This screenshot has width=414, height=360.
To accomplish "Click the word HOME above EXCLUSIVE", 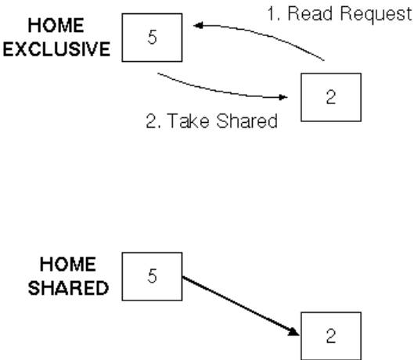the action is click(56, 25).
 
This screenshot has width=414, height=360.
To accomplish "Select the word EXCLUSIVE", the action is click(56, 49).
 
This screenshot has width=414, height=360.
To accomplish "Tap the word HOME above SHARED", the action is click(68, 264).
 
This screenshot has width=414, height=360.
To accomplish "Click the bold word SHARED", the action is click(68, 288).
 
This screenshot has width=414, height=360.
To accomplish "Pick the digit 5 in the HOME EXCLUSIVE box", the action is click(152, 37).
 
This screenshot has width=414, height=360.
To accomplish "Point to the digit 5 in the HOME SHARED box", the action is click(152, 275).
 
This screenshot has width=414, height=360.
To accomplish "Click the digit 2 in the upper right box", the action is click(331, 97).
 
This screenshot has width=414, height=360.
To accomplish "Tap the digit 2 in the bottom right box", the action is click(331, 336).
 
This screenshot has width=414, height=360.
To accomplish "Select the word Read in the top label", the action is click(310, 13).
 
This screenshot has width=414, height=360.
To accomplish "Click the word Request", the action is click(376, 15).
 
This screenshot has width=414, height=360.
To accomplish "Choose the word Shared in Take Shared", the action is click(247, 121).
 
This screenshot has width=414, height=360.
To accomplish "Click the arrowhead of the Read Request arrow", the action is click(198, 25).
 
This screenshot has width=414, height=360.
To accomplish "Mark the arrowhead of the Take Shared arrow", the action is click(283, 97).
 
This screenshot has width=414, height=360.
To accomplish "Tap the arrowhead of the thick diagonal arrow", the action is click(293, 332).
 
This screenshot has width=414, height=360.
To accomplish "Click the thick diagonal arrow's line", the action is click(241, 306).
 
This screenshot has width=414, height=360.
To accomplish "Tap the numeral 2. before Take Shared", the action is click(153, 121).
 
